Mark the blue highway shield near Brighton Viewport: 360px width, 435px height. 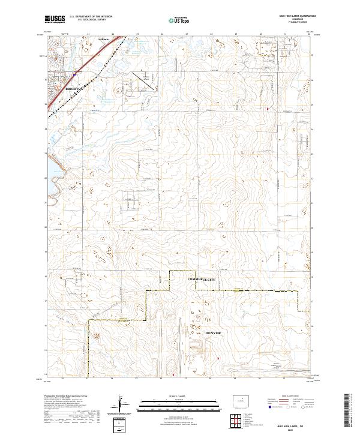click(74, 74)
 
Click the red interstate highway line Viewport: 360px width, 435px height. click(90, 66)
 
